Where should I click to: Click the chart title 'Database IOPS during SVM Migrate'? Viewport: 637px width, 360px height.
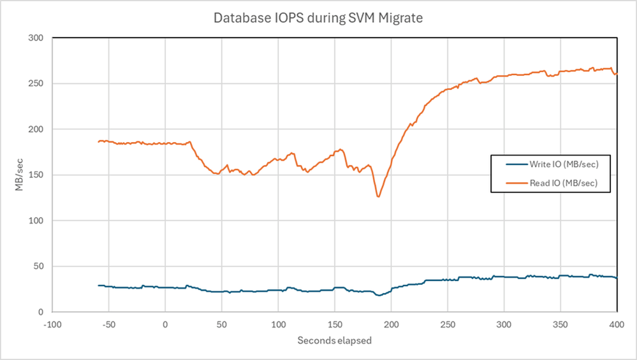coord(318,18)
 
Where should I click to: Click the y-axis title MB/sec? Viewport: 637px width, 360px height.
coord(20,175)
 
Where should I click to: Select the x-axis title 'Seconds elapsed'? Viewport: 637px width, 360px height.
coord(334,340)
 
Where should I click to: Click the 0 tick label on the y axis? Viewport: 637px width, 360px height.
coord(40,312)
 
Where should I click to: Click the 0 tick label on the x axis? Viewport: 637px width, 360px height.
coord(165,325)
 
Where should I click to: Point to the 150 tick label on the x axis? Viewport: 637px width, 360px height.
coord(335,325)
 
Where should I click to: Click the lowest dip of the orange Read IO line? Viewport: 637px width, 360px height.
coord(378,196)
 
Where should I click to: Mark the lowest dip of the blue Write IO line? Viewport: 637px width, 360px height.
coord(379,295)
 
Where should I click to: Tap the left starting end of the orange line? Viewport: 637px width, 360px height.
coord(98,141)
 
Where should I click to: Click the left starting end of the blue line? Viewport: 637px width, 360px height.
coord(98,285)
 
